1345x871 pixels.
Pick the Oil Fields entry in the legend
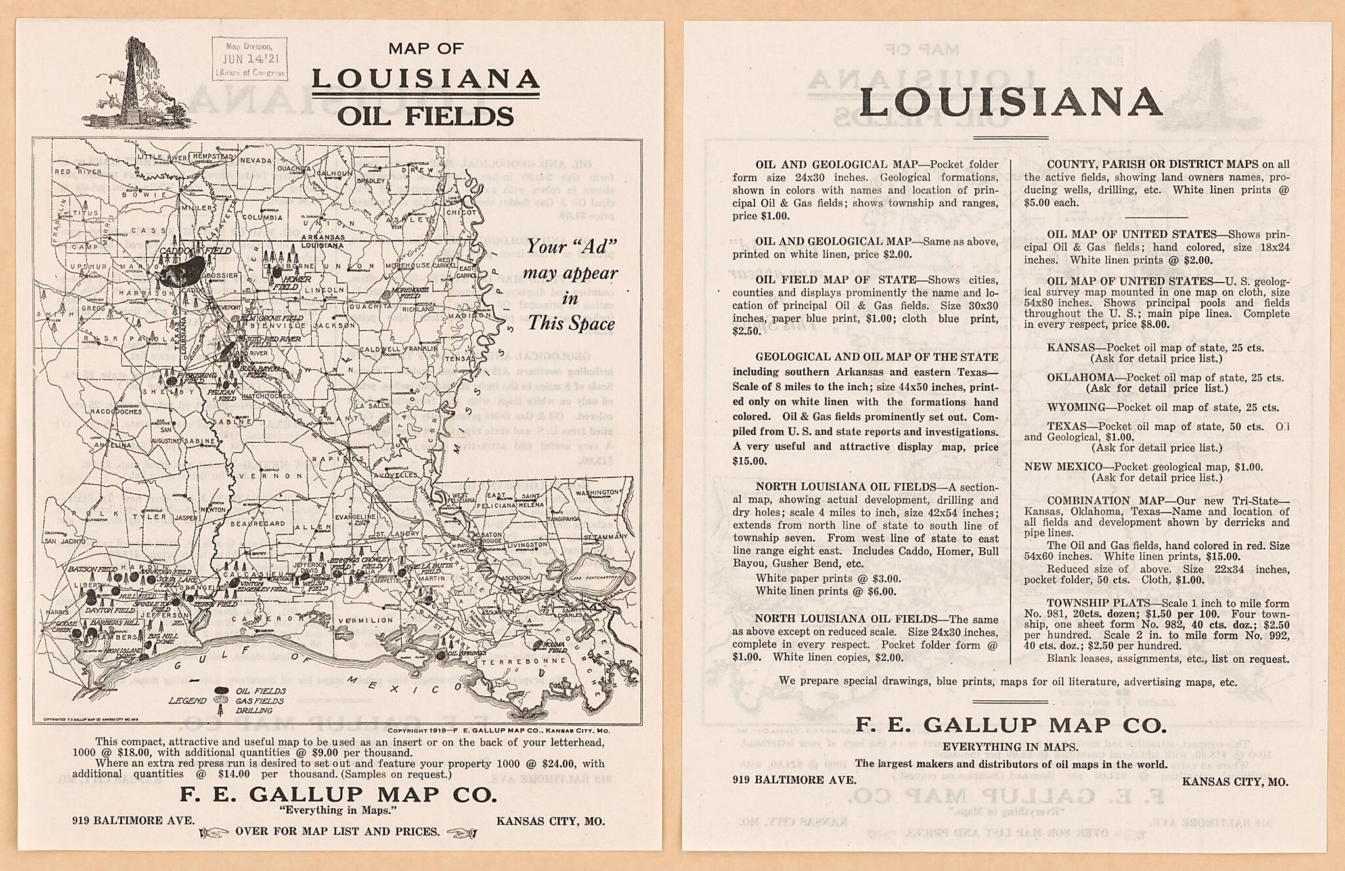[x=260, y=691]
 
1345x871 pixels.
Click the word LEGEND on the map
[x=187, y=701]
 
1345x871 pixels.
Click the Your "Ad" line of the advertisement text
[x=571, y=246]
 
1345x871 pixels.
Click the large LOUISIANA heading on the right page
[x=1010, y=102]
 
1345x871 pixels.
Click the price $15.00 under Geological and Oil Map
[x=749, y=461]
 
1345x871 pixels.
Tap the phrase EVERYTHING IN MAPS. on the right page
[x=1010, y=747]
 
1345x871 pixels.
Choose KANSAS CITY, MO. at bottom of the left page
[x=550, y=820]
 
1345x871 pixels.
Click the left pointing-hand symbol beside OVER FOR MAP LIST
[x=212, y=833]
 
